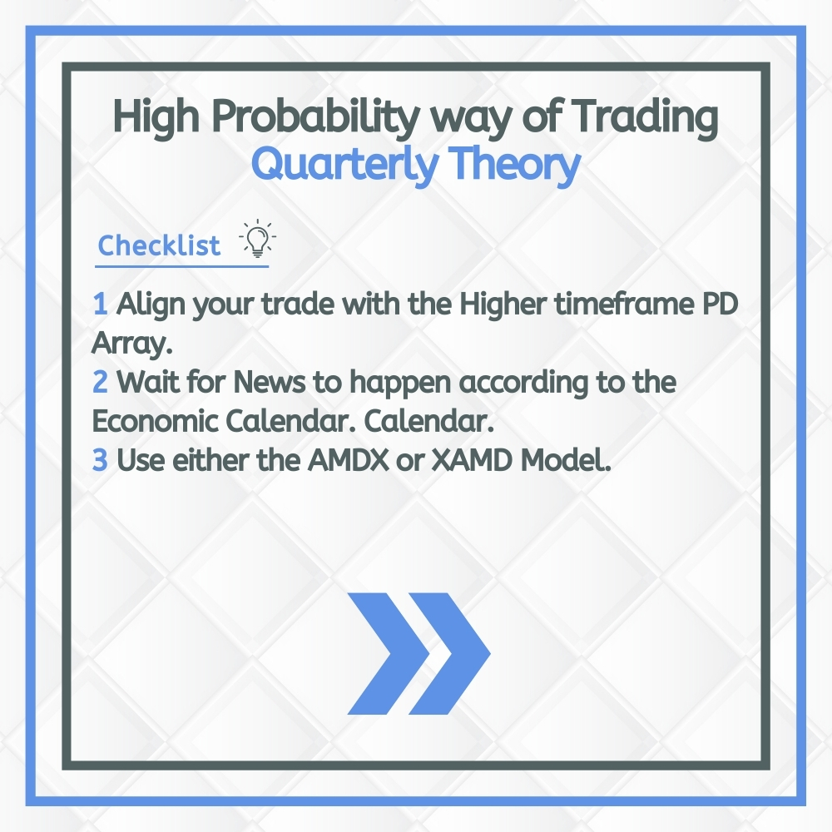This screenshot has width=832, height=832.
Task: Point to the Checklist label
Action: (160, 245)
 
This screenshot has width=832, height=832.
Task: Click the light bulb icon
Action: (258, 240)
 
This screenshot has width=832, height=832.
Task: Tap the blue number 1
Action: (100, 305)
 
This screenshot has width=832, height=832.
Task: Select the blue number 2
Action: (100, 383)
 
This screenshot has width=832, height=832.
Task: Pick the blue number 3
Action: (100, 460)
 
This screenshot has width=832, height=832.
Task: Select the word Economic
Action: (153, 421)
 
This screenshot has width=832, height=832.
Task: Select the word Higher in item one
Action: (501, 305)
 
